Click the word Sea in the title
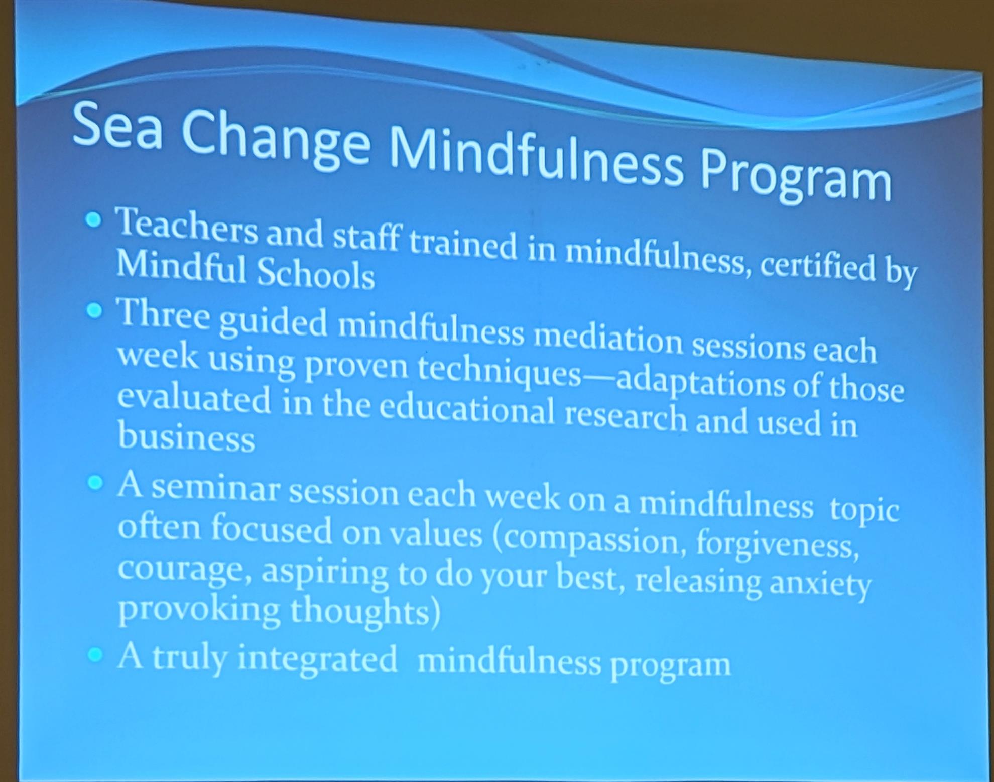[x=117, y=127]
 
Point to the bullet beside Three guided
[x=94, y=311]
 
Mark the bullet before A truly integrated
[x=95, y=654]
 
